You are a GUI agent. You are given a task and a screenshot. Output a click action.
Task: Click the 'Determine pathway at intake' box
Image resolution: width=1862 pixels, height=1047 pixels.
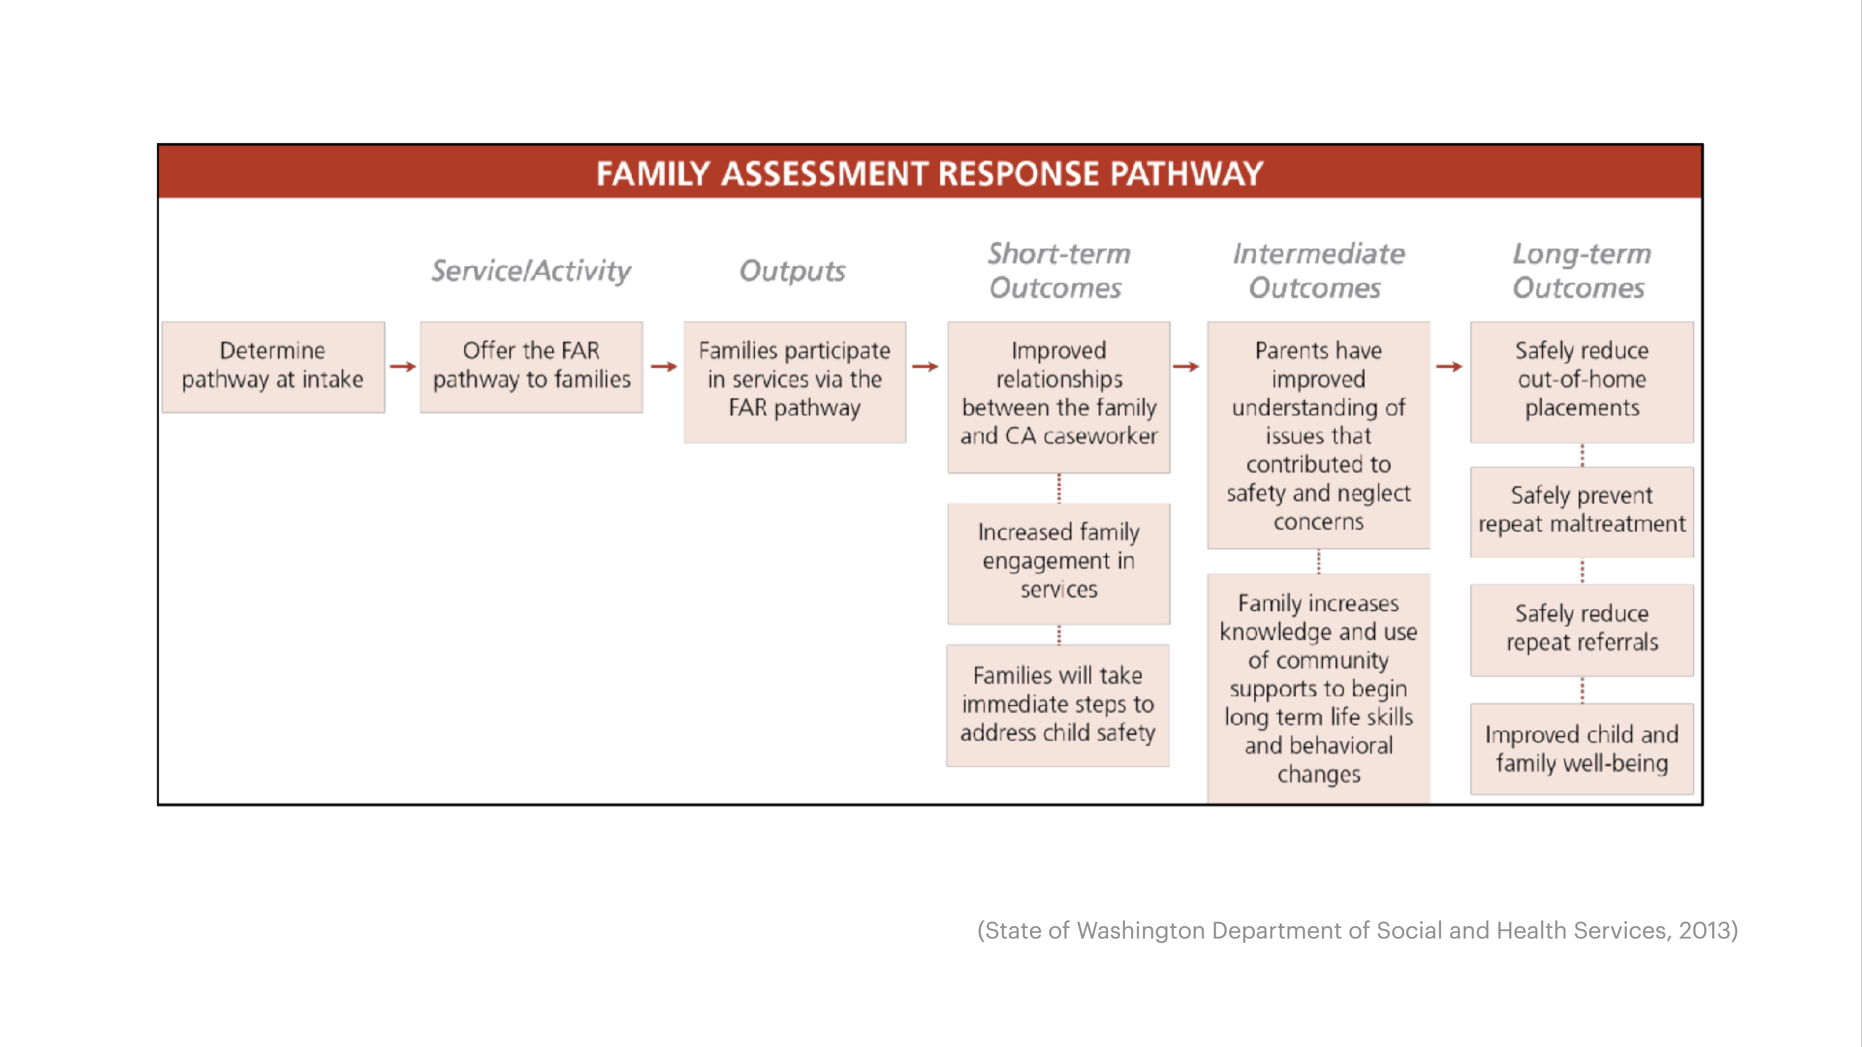click(273, 366)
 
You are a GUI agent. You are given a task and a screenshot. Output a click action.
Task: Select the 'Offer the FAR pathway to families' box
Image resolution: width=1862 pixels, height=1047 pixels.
click(531, 366)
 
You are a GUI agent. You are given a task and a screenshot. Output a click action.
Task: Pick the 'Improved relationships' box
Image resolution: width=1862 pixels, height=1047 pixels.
click(1058, 396)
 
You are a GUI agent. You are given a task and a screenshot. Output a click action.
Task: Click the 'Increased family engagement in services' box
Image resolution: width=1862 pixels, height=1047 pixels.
click(1058, 562)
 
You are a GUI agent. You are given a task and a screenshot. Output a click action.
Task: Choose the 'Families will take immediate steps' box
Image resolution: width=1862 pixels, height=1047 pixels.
click(1057, 705)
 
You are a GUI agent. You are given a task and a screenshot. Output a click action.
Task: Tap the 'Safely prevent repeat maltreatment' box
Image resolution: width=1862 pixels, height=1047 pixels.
click(1582, 511)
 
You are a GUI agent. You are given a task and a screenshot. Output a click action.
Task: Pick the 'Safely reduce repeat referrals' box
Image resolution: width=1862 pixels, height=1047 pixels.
click(1582, 629)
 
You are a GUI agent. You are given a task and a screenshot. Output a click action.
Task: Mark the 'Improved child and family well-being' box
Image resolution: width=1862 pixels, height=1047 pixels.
click(1582, 748)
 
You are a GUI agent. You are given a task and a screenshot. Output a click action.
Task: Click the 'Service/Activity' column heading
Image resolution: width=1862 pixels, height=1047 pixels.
click(531, 271)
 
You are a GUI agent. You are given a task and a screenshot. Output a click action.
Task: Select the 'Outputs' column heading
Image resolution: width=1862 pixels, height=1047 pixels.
click(792, 271)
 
